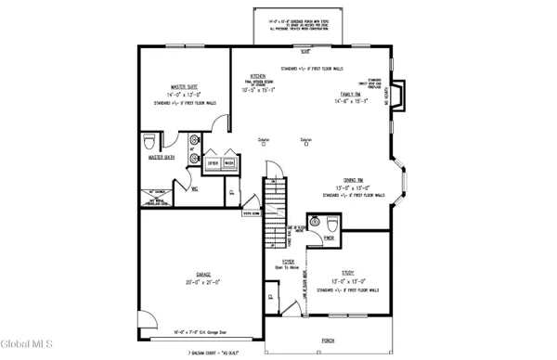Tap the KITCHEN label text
tap(258, 76)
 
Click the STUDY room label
tap(346, 272)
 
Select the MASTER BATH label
tap(162, 157)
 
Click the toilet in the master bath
tap(150, 143)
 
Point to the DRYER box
tap(213, 162)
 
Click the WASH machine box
tap(228, 162)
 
